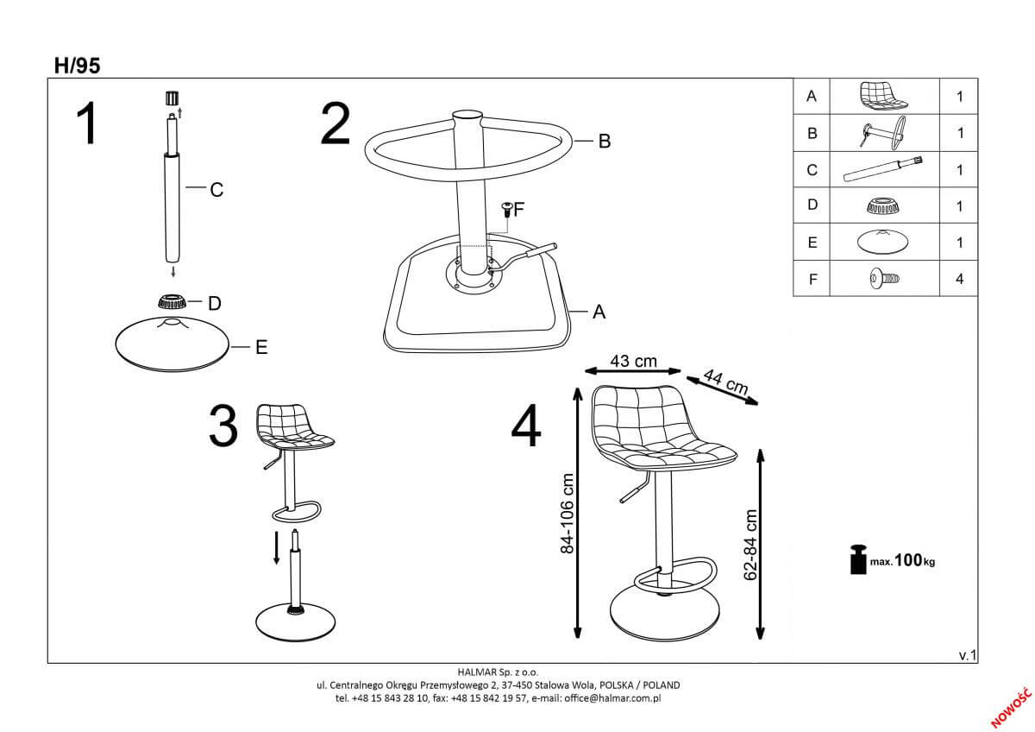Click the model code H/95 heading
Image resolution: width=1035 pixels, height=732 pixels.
pyautogui.click(x=77, y=66)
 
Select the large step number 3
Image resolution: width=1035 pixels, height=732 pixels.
pyautogui.click(x=223, y=426)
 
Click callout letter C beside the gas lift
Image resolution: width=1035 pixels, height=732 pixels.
pyautogui.click(x=216, y=190)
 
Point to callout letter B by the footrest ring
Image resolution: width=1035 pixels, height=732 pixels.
pyautogui.click(x=605, y=141)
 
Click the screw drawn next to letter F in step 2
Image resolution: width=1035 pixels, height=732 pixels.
pyautogui.click(x=507, y=210)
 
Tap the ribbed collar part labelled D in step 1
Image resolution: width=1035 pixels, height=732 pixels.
pyautogui.click(x=172, y=301)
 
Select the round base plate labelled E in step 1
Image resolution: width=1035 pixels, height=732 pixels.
pyautogui.click(x=172, y=344)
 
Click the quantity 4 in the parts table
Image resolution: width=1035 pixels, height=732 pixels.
pyautogui.click(x=960, y=279)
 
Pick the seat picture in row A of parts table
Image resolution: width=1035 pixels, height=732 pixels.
pyautogui.click(x=883, y=96)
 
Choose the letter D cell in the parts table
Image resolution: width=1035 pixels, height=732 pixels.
pyautogui.click(x=812, y=205)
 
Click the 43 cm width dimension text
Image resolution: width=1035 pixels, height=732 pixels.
pyautogui.click(x=633, y=361)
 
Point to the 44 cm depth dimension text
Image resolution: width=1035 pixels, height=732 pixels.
pyautogui.click(x=725, y=382)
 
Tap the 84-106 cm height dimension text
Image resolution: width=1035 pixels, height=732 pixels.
pyautogui.click(x=567, y=514)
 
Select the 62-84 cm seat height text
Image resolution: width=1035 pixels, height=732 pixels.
pyautogui.click(x=751, y=545)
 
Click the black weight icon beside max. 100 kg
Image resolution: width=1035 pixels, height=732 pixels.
pyautogui.click(x=858, y=559)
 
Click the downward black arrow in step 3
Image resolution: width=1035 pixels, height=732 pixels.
pyautogui.click(x=276, y=548)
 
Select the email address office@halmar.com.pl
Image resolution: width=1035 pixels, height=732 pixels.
pyautogui.click(x=612, y=698)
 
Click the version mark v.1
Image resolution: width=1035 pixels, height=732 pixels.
pyautogui.click(x=968, y=655)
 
